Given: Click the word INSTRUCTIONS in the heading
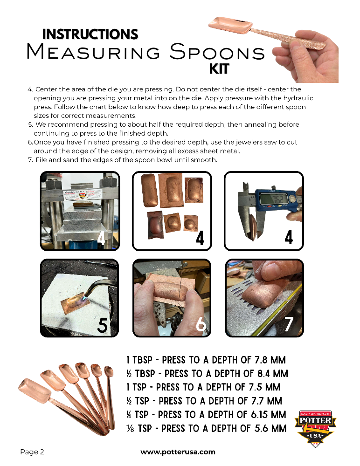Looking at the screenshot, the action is point(90,34).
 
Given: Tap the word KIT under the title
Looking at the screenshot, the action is point(219,69).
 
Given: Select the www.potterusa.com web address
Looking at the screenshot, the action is point(178,452).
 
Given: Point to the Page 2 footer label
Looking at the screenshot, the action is point(32,452).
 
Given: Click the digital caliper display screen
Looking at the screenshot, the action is point(273,199).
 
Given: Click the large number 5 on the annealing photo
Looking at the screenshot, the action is point(102,325).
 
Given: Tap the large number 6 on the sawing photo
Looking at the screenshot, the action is point(201,324).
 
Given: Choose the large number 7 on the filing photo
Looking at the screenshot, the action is point(289,324).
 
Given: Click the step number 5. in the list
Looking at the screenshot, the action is point(30,124).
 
